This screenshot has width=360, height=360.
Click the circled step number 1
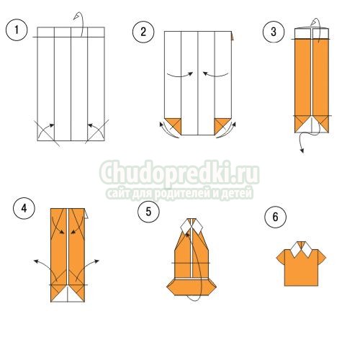(x=17, y=30)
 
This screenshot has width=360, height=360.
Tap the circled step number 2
(x=143, y=32)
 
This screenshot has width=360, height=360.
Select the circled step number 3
(x=274, y=32)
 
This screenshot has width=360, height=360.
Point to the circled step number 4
(x=24, y=208)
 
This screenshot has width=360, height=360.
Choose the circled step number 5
(x=148, y=212)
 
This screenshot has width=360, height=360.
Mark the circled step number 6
(x=275, y=217)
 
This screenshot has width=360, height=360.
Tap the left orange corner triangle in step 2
(x=174, y=125)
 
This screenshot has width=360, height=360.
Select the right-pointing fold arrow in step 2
(x=180, y=75)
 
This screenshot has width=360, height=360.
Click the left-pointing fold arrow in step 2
(x=215, y=75)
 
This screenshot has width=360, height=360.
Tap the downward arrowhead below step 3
(x=302, y=150)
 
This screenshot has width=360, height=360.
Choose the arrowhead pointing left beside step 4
(x=36, y=261)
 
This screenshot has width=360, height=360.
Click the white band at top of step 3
(x=312, y=34)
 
